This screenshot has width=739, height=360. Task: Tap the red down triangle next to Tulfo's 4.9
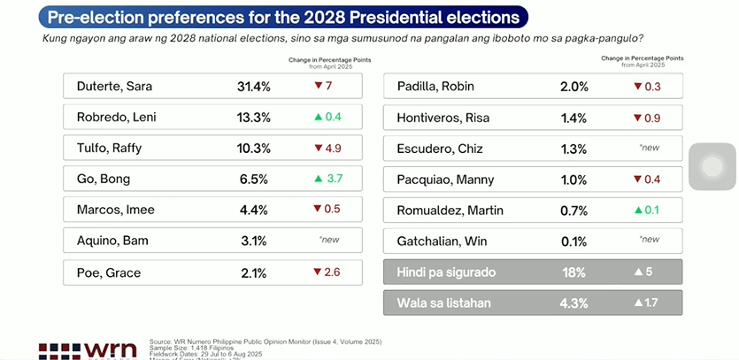tap(318, 148)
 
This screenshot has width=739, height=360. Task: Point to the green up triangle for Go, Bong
tap(318, 179)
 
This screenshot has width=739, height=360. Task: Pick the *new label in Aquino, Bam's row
tap(328, 240)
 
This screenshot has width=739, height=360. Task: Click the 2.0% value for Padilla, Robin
tap(573, 87)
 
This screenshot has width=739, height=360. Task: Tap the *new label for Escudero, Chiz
tap(649, 148)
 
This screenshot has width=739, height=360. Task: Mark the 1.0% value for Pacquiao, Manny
tap(573, 179)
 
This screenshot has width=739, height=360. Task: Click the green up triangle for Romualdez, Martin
tap(638, 210)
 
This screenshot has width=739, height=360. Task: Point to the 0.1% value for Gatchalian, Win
tap(573, 240)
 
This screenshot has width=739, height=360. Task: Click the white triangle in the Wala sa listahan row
tap(637, 303)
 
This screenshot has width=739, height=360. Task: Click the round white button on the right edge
tap(713, 165)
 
